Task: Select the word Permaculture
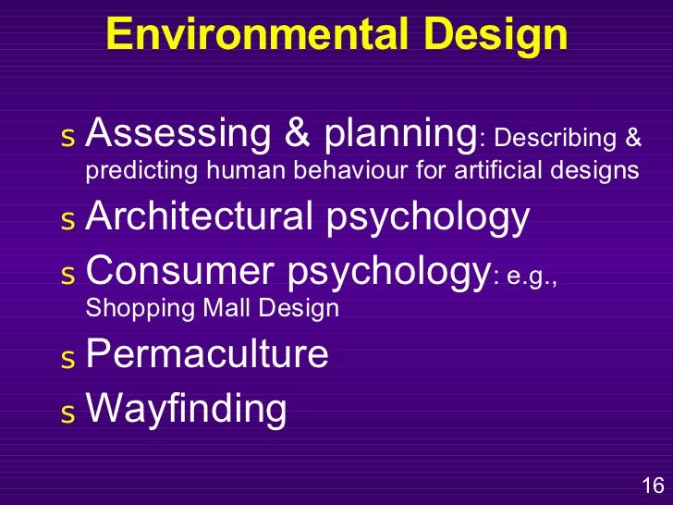coord(206,355)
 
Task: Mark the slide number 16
coord(652,485)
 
